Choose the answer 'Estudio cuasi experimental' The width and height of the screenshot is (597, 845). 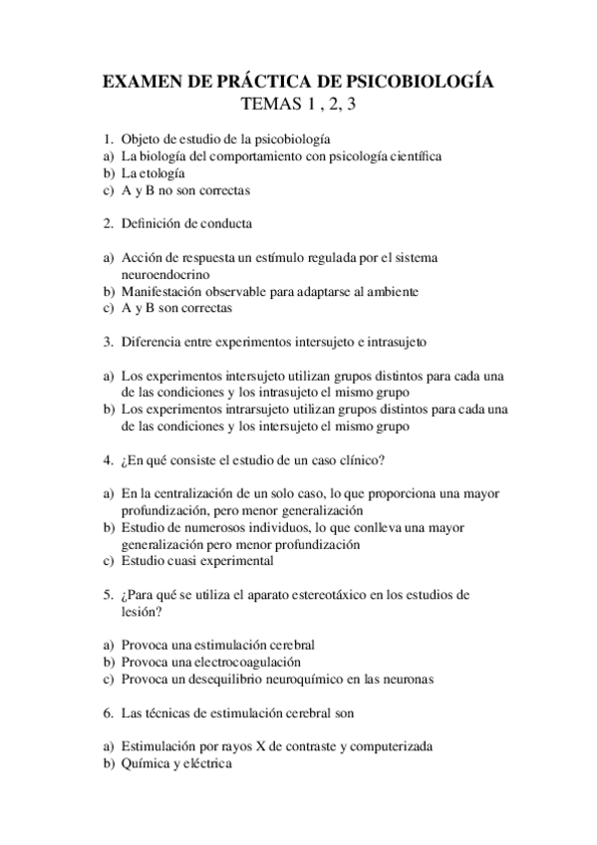pyautogui.click(x=197, y=561)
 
